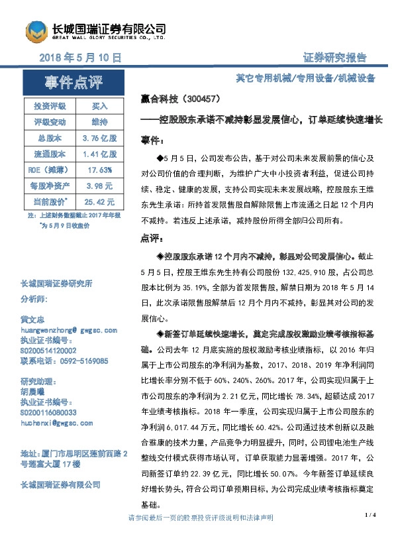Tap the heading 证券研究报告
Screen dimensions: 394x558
tap(335, 58)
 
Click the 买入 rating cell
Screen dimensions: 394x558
tap(99, 106)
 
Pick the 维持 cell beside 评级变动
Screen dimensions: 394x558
tap(99, 122)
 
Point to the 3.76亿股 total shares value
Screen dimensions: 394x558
tap(99, 138)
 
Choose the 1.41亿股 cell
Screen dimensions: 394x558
tap(99, 154)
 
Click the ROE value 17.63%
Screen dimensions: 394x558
tap(99, 170)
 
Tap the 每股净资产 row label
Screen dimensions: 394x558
tap(50, 186)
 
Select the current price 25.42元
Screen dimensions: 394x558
tap(99, 201)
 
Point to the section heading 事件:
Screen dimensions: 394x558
tap(151, 141)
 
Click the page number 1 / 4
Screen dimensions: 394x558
tap(370, 514)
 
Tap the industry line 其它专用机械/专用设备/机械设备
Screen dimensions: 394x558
tap(305, 78)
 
